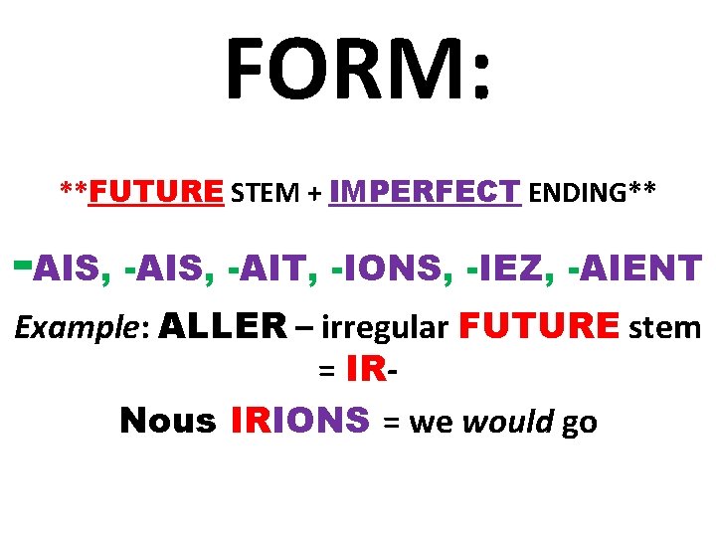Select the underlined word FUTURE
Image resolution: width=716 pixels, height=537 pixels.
(x=156, y=191)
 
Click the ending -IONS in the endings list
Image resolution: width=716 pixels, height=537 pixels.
(x=391, y=267)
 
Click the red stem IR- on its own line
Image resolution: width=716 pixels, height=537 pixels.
(x=372, y=371)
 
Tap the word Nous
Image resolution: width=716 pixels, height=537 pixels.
(x=167, y=422)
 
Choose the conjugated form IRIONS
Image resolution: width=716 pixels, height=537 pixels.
(x=299, y=421)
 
